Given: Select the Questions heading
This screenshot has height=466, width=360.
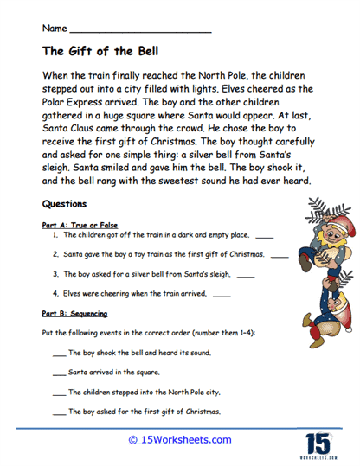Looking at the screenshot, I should (x=64, y=205).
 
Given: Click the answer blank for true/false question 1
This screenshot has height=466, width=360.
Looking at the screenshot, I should (x=265, y=235).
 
